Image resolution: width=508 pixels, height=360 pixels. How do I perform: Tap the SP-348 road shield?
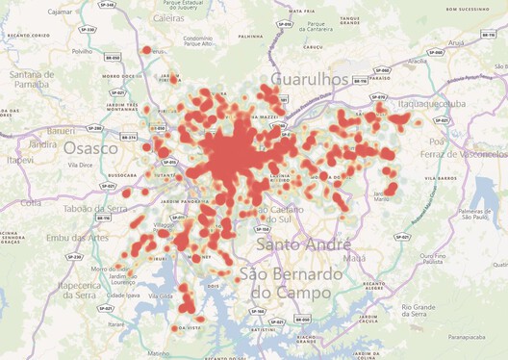pyautogui.click(x=107, y=6)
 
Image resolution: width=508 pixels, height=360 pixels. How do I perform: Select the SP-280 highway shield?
pyautogui.click(x=93, y=127)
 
